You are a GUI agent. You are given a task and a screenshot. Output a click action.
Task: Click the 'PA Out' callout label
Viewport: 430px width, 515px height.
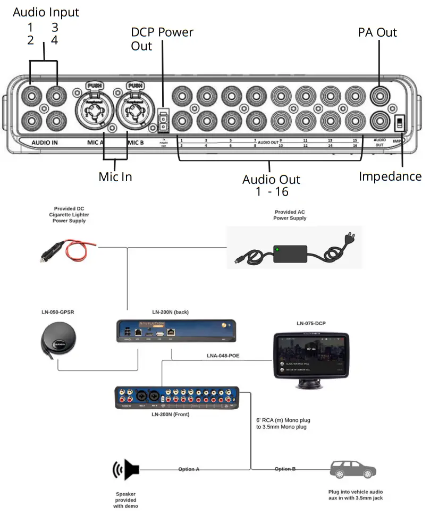(x=377, y=32)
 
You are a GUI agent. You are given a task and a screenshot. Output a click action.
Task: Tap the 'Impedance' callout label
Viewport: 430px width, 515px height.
(x=390, y=176)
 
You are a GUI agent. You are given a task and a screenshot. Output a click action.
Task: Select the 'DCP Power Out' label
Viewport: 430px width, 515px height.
(x=162, y=39)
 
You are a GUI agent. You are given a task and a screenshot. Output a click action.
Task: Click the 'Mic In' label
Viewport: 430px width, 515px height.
(x=115, y=176)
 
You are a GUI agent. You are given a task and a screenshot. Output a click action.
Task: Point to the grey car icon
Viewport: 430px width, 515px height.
(x=353, y=469)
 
